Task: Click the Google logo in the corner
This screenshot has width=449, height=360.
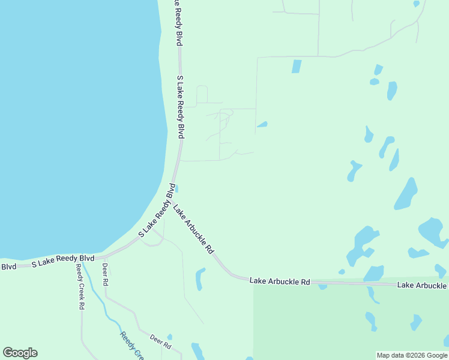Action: (20, 353)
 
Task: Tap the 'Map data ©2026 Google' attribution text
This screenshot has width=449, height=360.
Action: (412, 355)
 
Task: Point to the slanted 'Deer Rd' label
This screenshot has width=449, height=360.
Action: (160, 342)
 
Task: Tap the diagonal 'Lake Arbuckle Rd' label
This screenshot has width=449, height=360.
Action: (193, 229)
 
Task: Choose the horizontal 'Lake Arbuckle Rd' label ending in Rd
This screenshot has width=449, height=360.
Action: (280, 281)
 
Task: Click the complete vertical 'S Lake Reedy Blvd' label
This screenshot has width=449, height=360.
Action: (179, 107)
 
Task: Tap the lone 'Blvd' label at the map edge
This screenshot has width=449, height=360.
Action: (8, 266)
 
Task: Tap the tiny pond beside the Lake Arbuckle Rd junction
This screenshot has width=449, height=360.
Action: (176, 188)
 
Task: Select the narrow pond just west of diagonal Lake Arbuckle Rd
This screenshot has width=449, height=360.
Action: (200, 279)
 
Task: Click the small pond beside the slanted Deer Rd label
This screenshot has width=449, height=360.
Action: (170, 337)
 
